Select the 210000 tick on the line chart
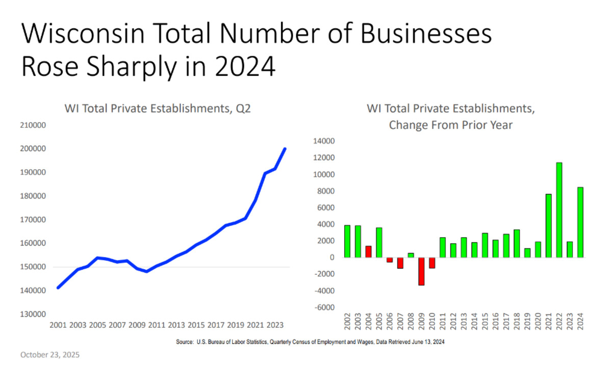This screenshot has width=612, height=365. (x=33, y=125)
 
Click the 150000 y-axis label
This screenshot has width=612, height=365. (x=33, y=267)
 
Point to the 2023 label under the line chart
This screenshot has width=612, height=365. (x=276, y=325)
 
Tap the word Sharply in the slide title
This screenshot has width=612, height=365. (x=119, y=67)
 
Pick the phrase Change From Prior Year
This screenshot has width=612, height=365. (x=450, y=125)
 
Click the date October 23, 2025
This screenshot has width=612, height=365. (x=50, y=354)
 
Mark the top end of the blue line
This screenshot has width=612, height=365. (x=285, y=149)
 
